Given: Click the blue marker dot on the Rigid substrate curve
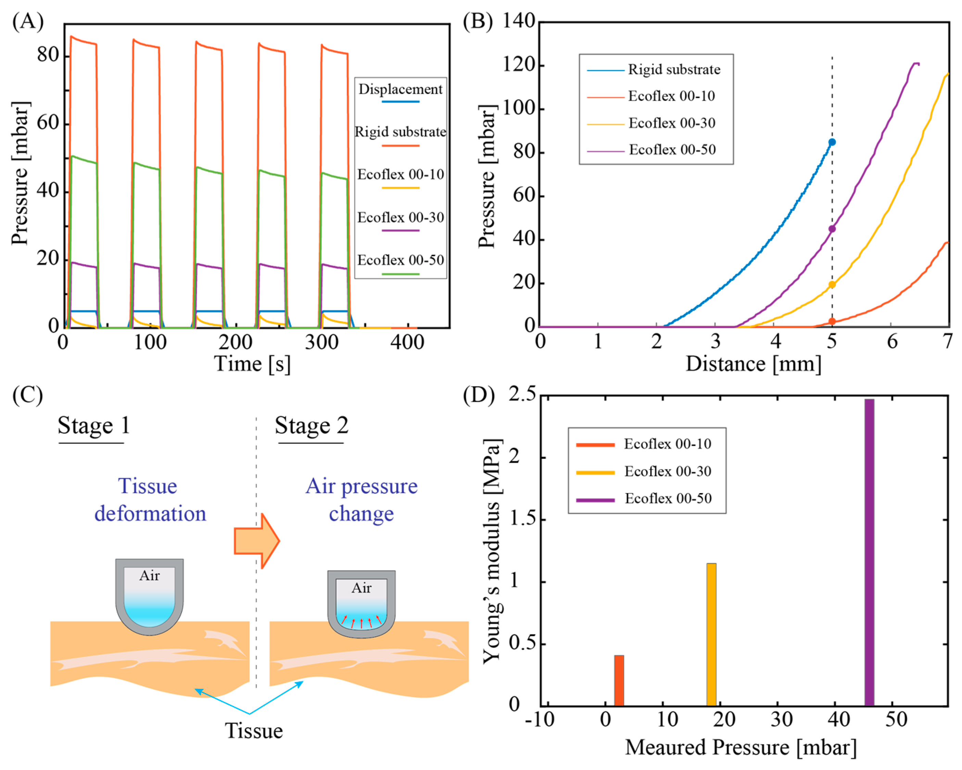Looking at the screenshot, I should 832,142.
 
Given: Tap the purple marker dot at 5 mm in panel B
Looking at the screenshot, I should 832,229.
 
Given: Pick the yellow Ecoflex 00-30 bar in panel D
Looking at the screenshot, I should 711,634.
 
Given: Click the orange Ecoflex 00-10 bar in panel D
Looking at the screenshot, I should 619,680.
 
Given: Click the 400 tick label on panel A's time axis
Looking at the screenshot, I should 407,343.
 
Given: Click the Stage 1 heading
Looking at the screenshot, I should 94,425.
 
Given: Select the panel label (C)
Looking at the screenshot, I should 28,395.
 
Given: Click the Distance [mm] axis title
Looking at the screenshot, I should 753,364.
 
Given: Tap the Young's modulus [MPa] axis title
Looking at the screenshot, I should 493,551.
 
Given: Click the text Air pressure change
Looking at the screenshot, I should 362,500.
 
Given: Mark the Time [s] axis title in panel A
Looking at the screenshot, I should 252,364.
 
